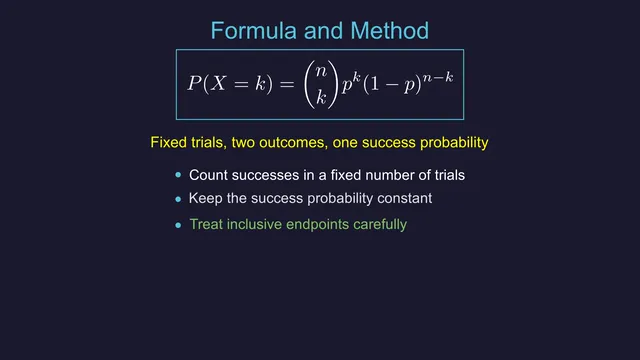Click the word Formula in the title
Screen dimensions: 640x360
click(253, 31)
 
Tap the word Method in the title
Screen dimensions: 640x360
click(389, 31)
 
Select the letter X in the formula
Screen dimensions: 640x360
click(219, 84)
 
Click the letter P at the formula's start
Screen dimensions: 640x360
click(195, 83)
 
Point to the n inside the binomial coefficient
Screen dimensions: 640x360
click(321, 71)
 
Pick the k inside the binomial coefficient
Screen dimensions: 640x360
click(321, 98)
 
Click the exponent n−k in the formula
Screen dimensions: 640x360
click(438, 76)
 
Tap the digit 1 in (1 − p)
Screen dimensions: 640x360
click(374, 84)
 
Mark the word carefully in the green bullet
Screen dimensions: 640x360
click(380, 225)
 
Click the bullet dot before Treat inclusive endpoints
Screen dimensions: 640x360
click(178, 225)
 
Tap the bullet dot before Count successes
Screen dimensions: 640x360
click(178, 175)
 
